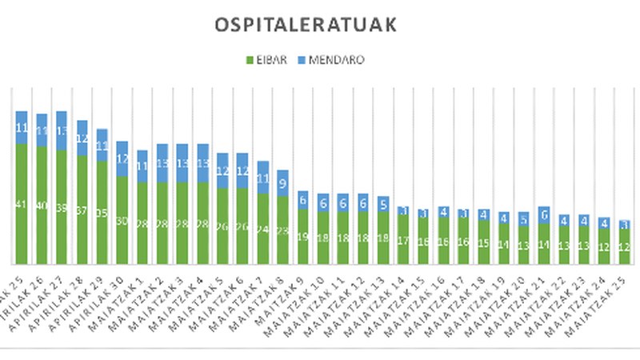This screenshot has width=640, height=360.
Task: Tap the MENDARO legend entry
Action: pyautogui.click(x=330, y=60)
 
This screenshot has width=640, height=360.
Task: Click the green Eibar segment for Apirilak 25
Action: pyautogui.click(x=21, y=204)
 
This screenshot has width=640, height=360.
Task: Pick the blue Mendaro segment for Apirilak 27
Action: pyautogui.click(x=61, y=130)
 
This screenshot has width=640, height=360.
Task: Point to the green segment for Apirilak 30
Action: pyautogui.click(x=122, y=220)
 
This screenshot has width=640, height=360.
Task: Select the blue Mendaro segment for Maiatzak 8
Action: pyautogui.click(x=282, y=182)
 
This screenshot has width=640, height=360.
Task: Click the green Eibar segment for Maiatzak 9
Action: pyautogui.click(x=302, y=237)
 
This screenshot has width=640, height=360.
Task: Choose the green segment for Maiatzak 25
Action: pyautogui.click(x=624, y=246)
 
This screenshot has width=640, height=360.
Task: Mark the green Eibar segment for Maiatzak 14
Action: pyautogui.click(x=403, y=239)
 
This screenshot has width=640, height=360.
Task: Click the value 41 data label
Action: pyautogui.click(x=21, y=204)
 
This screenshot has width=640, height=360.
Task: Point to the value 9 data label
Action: pyautogui.click(x=282, y=182)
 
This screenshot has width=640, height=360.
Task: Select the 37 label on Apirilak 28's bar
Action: pyautogui.click(x=82, y=210)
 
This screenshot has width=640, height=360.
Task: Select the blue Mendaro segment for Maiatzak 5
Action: pyautogui.click(x=222, y=170)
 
